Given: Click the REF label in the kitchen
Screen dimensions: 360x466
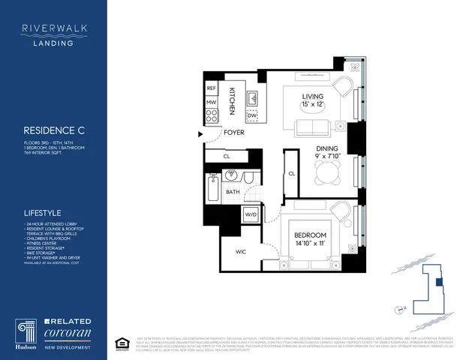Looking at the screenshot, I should (x=212, y=88).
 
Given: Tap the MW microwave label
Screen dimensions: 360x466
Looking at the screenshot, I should (x=212, y=101).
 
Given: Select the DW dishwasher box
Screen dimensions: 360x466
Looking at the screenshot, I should (x=253, y=115).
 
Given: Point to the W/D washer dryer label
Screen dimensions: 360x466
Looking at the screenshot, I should (x=250, y=215).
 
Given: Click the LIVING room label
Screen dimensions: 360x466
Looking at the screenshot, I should (x=312, y=96).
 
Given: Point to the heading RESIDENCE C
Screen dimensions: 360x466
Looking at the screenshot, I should (x=53, y=130).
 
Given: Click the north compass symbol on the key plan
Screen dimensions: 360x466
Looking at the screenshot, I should (x=398, y=308).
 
